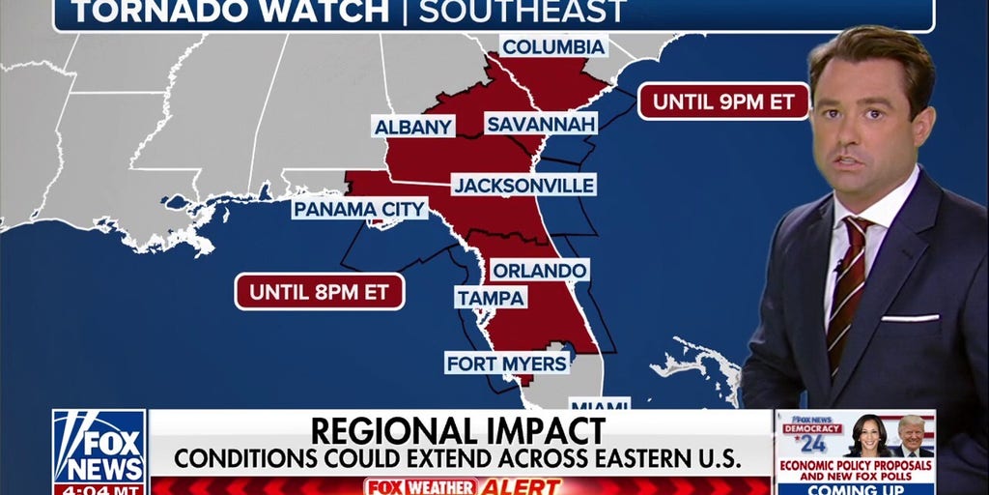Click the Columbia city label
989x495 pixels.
click(554, 46)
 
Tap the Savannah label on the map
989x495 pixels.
click(541, 124)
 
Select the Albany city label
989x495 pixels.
click(413, 127)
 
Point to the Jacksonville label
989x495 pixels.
click(523, 185)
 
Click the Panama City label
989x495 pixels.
click(359, 209)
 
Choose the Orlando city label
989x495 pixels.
click(538, 270)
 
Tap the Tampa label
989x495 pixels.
click(491, 298)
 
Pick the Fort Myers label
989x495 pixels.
click(507, 364)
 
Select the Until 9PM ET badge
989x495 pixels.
click(723, 101)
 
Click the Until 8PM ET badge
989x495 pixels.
click(320, 291)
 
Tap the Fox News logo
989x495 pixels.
click(99, 447)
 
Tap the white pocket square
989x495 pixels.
click(909, 317)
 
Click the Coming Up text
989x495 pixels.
click(855, 488)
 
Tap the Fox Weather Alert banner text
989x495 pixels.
click(461, 486)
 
